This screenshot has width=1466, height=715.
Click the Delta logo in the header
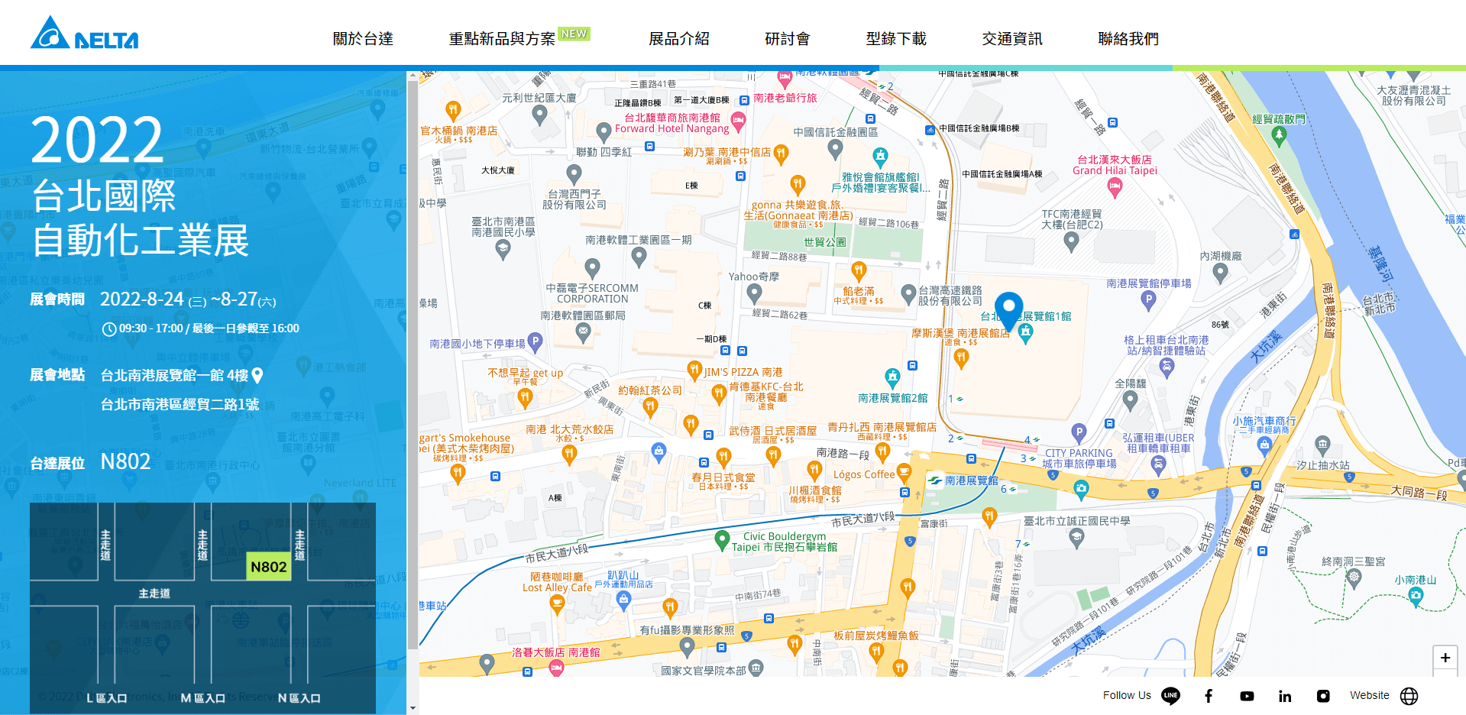84,34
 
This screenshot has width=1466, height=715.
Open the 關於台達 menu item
363,39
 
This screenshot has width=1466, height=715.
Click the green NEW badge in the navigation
574,34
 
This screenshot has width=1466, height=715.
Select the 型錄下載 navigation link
895,39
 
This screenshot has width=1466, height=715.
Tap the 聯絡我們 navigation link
1128,39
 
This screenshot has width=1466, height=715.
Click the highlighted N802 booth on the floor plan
268,567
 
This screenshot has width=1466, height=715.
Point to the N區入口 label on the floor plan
299,698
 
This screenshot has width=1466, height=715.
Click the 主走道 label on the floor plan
154,594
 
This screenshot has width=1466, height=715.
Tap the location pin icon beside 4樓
257,375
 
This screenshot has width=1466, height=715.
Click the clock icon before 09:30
109,329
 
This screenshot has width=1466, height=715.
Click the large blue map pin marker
1008,309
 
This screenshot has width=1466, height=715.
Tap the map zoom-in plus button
1445,658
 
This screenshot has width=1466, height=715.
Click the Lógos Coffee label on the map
863,474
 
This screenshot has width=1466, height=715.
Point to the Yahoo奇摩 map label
753,277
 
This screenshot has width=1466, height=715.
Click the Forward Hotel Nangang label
672,128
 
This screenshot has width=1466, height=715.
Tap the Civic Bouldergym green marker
722,540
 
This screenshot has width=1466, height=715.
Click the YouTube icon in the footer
1247,696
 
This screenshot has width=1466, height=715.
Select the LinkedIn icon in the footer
1285,696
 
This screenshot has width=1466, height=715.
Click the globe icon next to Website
1409,696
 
